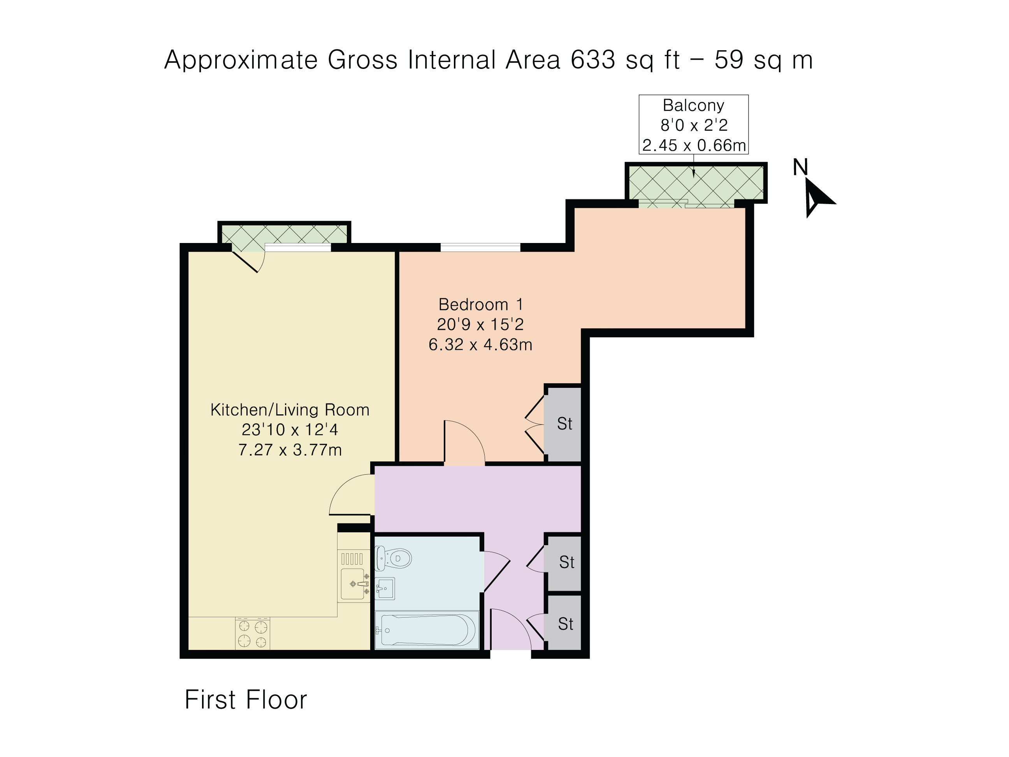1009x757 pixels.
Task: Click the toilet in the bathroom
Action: click(393, 558)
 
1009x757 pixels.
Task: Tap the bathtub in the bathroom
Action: click(427, 630)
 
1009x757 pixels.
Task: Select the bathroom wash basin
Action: click(385, 588)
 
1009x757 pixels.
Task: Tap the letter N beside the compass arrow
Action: click(800, 167)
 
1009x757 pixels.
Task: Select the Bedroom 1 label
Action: click(481, 305)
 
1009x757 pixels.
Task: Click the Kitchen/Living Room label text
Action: click(290, 410)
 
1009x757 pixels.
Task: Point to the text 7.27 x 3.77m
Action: click(290, 450)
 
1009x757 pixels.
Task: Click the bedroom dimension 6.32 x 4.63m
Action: click(480, 345)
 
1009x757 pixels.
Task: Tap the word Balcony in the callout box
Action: click(693, 106)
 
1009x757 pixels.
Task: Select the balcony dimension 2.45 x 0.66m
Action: click(694, 145)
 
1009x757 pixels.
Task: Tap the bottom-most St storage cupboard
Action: click(565, 623)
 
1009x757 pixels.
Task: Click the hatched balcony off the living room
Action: click(284, 234)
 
